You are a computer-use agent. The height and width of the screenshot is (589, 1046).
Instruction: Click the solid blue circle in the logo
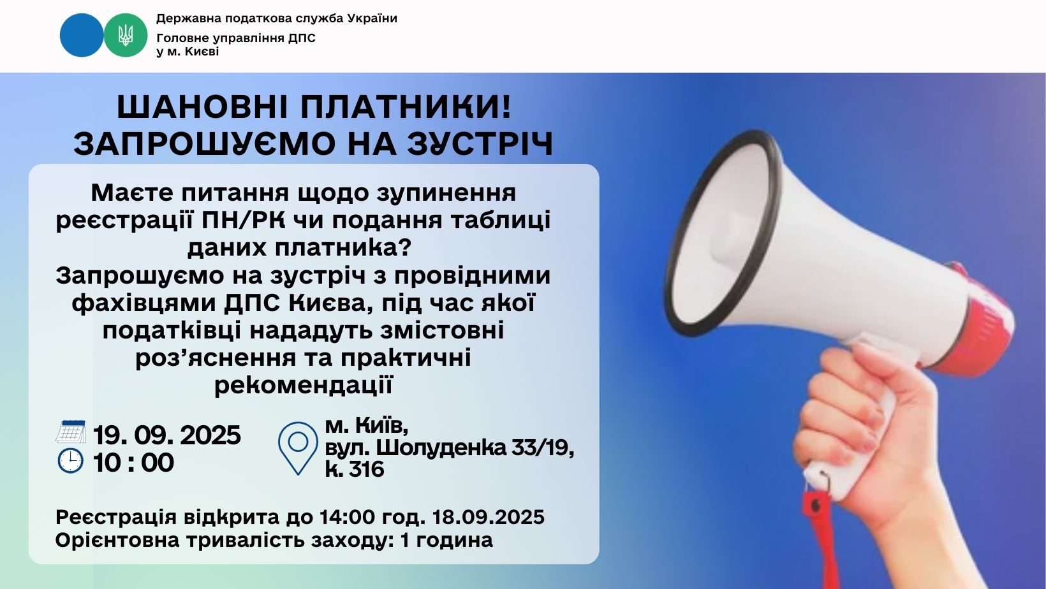[x=82, y=35]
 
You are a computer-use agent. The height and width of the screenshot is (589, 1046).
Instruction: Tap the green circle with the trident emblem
[x=126, y=35]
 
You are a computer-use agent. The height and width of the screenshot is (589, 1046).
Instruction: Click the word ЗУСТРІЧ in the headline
[x=480, y=143]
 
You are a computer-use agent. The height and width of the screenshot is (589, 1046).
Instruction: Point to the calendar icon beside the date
[x=71, y=432]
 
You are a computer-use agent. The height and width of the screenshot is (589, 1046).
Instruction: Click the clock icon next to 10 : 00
[x=71, y=461]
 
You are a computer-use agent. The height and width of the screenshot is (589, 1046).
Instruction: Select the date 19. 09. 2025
[x=167, y=435]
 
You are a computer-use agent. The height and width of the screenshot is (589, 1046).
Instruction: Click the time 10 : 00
[x=133, y=463]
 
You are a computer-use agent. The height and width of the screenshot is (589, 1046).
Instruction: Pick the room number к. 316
[x=355, y=469]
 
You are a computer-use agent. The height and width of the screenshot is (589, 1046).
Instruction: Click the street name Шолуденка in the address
[x=441, y=447]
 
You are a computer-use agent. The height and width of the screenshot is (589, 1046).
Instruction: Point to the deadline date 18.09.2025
[x=489, y=517]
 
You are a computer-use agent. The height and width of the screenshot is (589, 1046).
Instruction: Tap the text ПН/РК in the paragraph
[x=243, y=220]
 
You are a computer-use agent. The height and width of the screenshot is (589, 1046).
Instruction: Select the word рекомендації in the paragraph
[x=304, y=386]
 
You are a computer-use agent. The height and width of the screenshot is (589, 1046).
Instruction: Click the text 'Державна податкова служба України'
[x=276, y=18]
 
